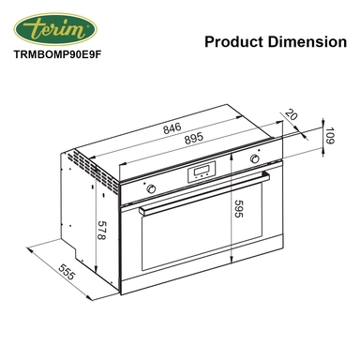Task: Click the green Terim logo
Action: (55, 29)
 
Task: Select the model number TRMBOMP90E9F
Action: (58, 54)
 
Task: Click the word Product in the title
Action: (233, 41)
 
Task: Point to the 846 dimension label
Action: (172, 127)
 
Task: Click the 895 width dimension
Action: (194, 139)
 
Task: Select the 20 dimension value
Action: (291, 114)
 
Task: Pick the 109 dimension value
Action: (330, 136)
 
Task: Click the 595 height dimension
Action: (238, 208)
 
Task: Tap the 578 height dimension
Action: (101, 231)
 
